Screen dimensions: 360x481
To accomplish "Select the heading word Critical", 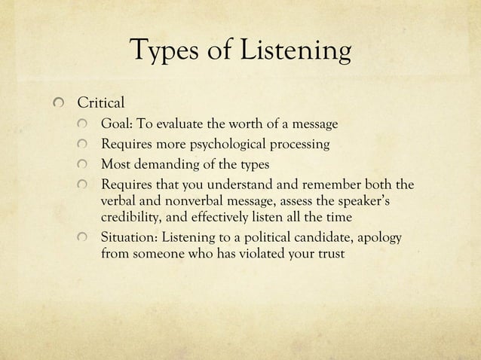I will (91, 102).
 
